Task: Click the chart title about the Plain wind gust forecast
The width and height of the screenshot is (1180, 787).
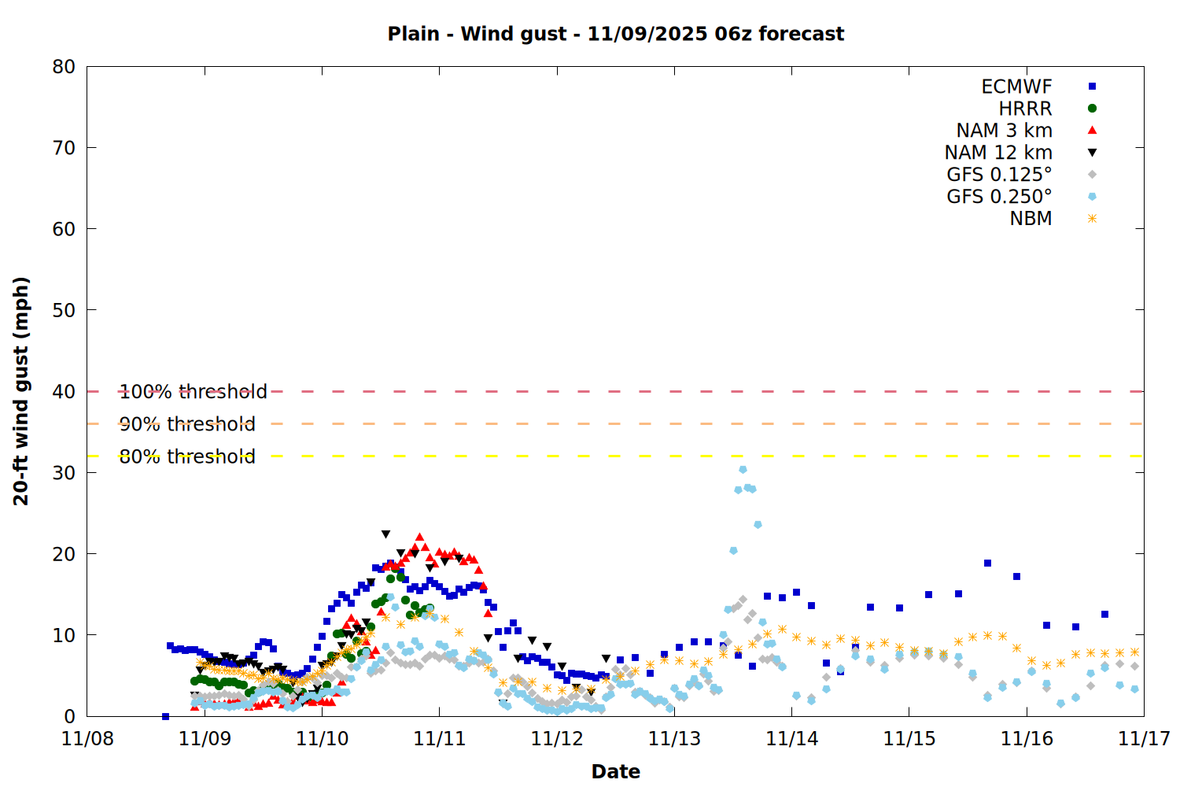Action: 615,34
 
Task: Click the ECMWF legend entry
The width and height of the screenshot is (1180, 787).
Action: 1016,87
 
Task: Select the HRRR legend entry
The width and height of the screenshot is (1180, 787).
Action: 1025,109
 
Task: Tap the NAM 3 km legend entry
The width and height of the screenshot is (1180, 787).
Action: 1004,131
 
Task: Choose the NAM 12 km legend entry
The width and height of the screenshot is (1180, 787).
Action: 998,153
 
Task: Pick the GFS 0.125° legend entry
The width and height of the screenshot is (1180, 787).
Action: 999,175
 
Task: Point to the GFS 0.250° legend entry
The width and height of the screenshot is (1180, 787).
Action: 999,197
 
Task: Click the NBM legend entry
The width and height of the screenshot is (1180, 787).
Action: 1031,219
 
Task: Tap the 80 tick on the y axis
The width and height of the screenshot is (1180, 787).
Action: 64,67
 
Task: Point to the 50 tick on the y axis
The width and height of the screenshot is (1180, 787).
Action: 64,310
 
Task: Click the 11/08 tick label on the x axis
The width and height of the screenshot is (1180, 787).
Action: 87,739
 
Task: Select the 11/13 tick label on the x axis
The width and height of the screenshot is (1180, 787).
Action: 674,739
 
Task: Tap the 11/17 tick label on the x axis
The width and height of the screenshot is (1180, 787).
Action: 1144,739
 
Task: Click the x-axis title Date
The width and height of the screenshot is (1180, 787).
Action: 615,771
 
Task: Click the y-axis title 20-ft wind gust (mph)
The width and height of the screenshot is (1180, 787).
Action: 21,390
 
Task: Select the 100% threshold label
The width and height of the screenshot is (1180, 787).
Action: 193,392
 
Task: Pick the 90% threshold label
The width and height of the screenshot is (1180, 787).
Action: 187,424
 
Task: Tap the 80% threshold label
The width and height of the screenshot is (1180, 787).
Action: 187,456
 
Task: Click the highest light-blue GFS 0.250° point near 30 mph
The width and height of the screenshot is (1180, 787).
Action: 743,470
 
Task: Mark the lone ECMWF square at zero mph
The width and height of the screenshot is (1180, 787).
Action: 165,716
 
